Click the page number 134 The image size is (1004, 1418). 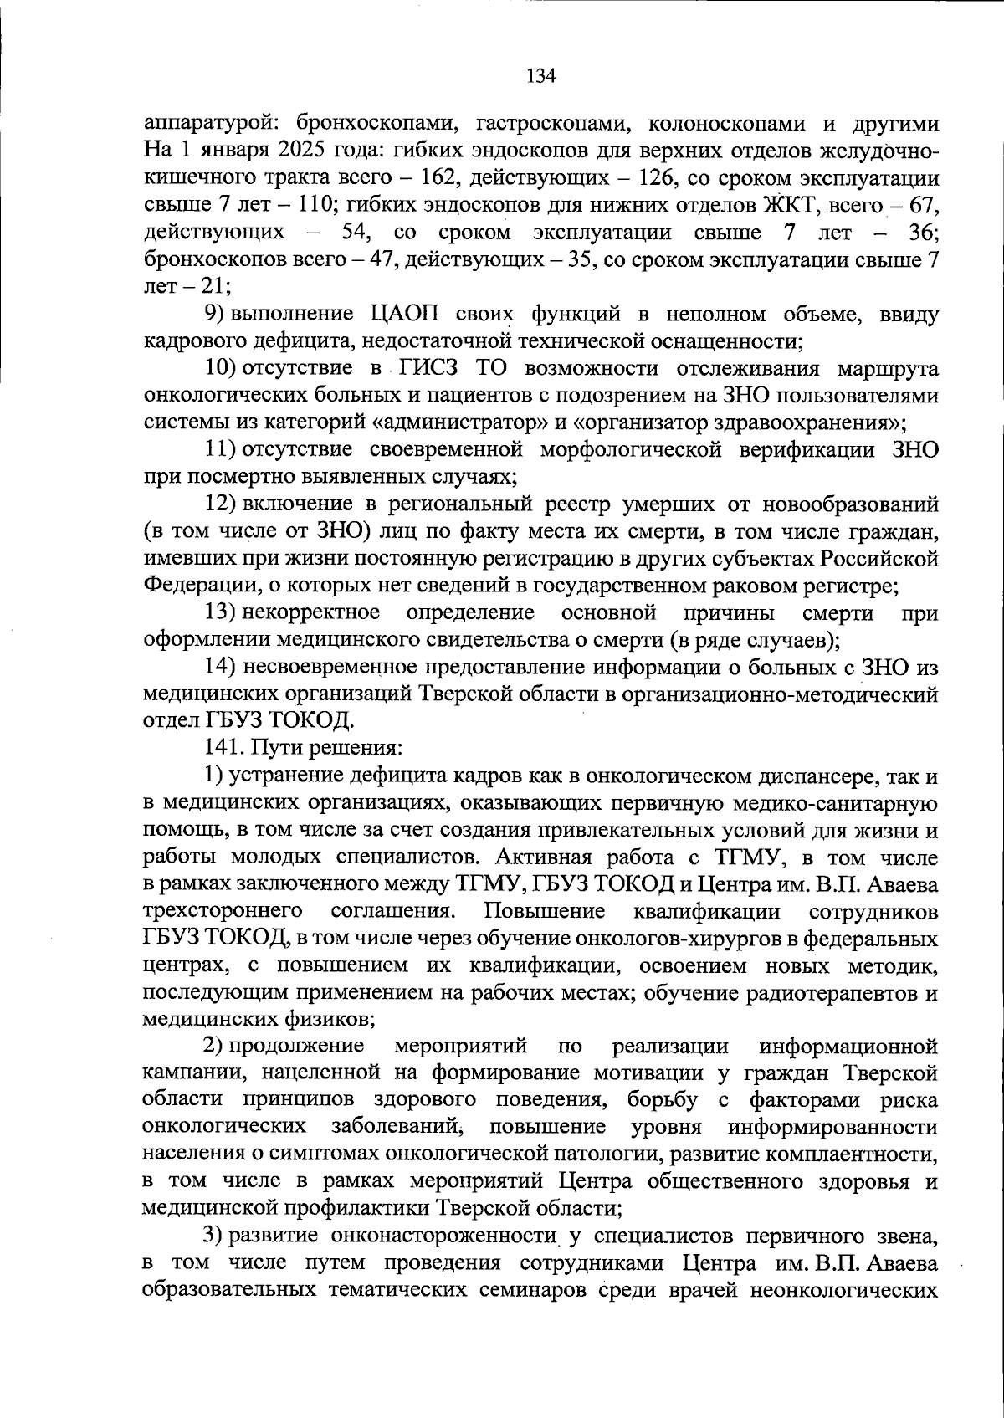tap(540, 76)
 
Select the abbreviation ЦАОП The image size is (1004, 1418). tap(404, 315)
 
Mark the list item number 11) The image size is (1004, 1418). tap(222, 450)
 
